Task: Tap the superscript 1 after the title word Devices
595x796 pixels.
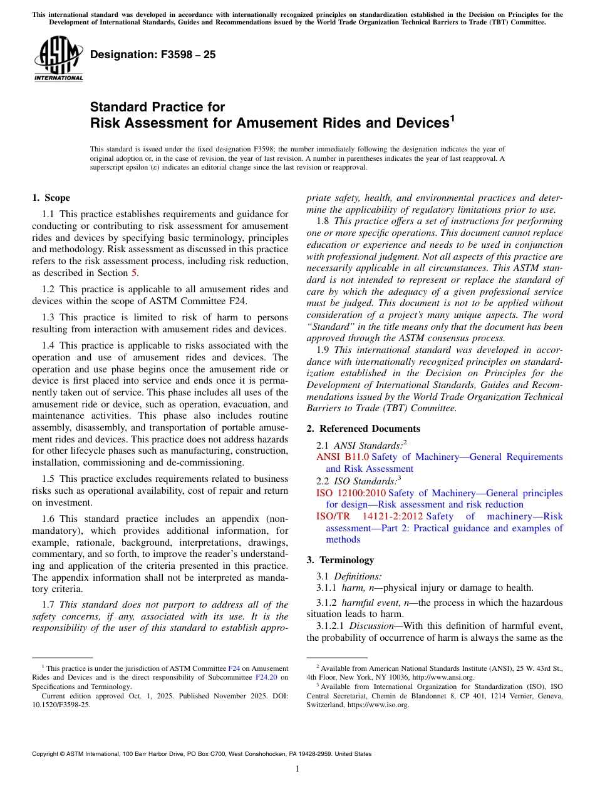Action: (452, 117)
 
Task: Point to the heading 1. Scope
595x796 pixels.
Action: (51, 198)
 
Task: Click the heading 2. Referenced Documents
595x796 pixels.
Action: (363, 429)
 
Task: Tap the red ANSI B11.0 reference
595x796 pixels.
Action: (343, 457)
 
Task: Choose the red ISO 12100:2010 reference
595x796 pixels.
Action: (351, 493)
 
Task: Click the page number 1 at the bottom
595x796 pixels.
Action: (297, 769)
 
